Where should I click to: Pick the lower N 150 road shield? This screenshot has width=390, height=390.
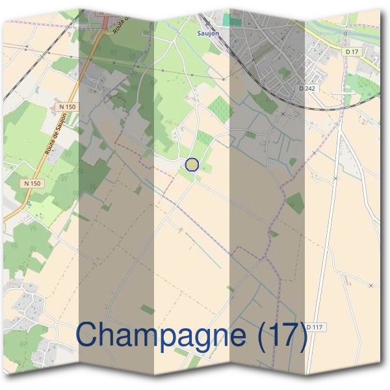32,184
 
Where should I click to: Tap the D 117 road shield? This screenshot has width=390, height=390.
314,326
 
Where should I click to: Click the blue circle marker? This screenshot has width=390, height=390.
191,164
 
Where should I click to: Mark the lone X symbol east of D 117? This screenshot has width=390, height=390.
370,285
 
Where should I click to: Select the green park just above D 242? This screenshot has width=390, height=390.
286,72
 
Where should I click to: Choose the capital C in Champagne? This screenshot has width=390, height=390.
88,334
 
